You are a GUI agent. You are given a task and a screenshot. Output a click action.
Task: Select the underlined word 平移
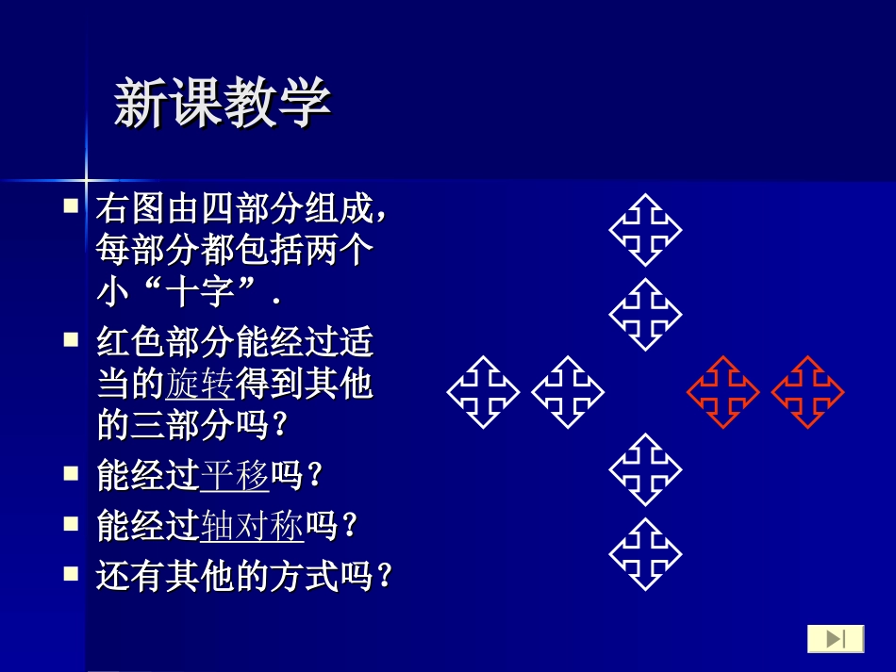[x=236, y=476]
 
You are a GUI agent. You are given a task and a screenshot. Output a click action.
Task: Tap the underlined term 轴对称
[x=253, y=526]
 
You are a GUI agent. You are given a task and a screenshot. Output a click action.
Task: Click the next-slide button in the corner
[x=836, y=638]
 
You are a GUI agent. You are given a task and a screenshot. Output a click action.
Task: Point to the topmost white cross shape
[x=645, y=230]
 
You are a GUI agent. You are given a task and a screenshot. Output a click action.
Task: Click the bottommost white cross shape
[x=645, y=554]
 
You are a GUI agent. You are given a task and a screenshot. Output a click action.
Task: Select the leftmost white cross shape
[x=483, y=392]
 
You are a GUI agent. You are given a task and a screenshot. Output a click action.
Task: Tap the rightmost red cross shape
[x=807, y=392]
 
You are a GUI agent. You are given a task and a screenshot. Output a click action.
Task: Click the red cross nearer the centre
[x=722, y=392]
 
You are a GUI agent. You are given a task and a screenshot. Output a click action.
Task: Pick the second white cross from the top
[x=645, y=315]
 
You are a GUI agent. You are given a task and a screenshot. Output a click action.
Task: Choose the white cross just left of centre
[x=568, y=392]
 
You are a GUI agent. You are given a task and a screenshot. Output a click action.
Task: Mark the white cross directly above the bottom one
[x=645, y=469]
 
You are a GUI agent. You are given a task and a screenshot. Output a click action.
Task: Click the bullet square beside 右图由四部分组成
[x=72, y=205]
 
